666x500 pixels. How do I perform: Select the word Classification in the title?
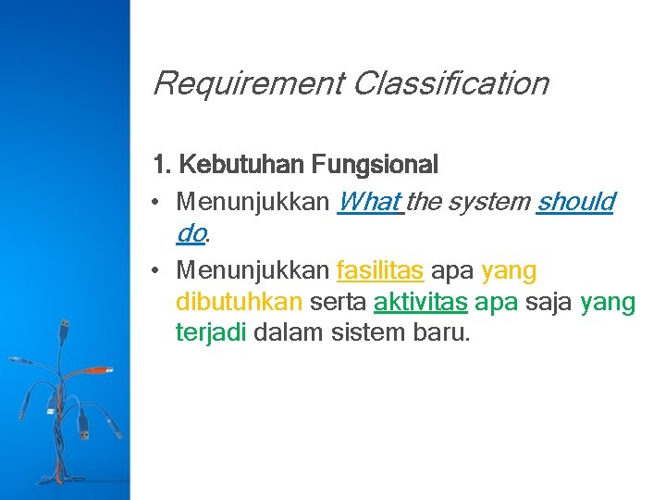(x=450, y=84)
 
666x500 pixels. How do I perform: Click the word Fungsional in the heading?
(x=375, y=166)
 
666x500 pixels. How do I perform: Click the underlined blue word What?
(x=369, y=202)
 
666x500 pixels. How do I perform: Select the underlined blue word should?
(x=574, y=202)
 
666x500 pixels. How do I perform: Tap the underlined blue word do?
(x=190, y=233)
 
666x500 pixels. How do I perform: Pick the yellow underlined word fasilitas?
(x=380, y=271)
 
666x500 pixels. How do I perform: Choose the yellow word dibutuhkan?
(x=239, y=302)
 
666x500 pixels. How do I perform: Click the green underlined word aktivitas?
(x=420, y=302)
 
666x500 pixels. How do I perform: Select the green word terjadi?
(x=211, y=332)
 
